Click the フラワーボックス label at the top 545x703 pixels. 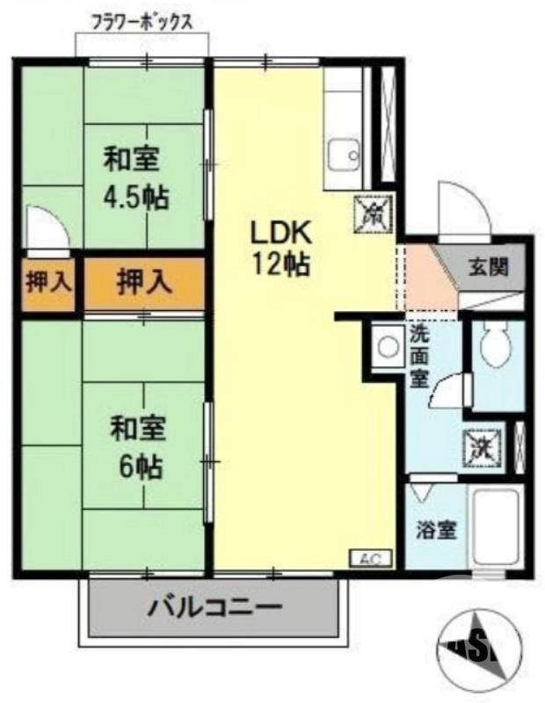point(142,20)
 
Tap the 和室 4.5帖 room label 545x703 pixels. point(136,178)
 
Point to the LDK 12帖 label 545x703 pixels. point(281,248)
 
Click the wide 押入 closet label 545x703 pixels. point(144,283)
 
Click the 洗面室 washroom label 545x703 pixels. point(418,357)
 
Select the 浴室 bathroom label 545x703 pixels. point(436,530)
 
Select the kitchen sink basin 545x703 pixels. point(343,158)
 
